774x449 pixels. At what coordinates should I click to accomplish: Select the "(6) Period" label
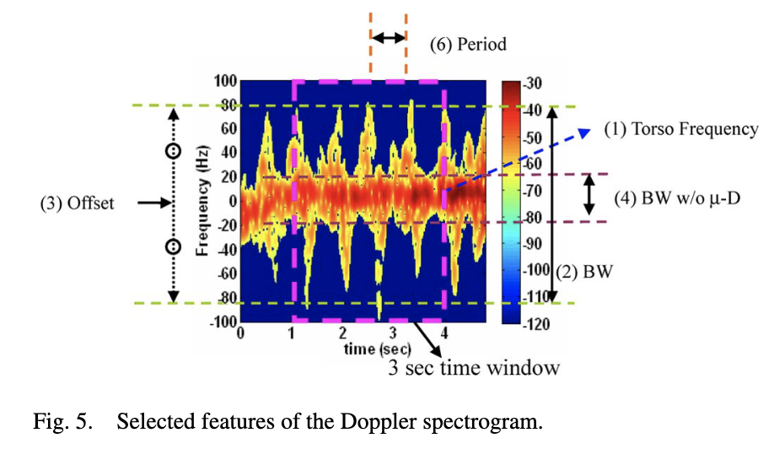click(x=468, y=43)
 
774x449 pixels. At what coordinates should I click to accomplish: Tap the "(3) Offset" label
click(x=77, y=203)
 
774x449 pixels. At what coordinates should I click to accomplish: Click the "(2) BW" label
click(x=583, y=273)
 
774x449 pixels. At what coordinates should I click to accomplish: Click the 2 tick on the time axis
click(x=342, y=333)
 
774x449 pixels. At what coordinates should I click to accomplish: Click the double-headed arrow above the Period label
click(x=389, y=37)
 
